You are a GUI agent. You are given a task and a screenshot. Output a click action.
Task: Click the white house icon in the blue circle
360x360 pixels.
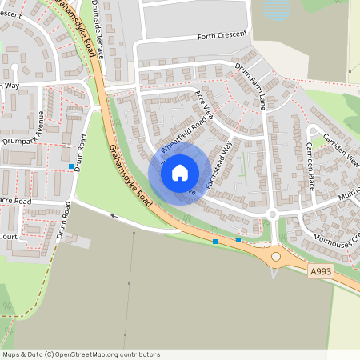coord(180,173)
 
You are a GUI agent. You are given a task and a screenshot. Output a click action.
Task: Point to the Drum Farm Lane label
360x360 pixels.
coord(251,86)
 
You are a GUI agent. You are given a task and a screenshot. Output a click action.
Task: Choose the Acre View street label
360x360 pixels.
coord(206,105)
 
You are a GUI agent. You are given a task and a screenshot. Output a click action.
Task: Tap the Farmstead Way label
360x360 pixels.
coord(218,166)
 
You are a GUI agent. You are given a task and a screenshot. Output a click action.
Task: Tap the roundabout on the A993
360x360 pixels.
coord(277,256)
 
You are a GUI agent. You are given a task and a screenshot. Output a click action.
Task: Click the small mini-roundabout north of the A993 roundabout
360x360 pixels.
coord(272,214)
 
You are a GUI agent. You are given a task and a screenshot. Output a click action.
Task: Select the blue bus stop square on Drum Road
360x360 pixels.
coord(71,166)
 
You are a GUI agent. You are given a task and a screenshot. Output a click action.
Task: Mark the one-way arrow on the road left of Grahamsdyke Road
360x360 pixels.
coord(114,215)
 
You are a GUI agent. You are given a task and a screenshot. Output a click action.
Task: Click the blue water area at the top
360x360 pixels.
coord(276,10)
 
